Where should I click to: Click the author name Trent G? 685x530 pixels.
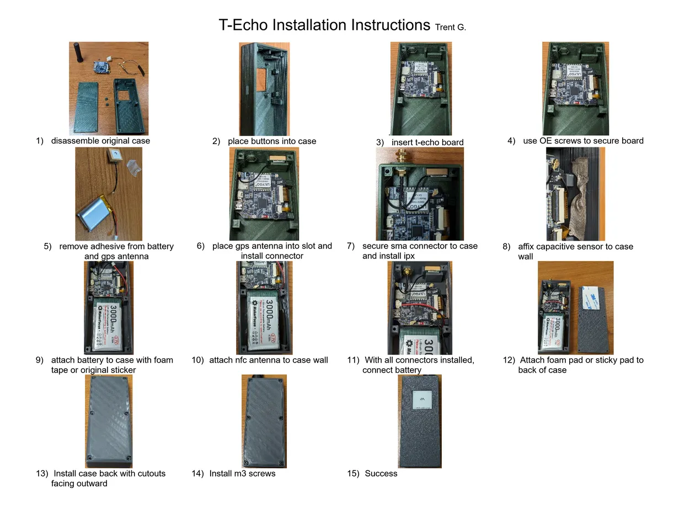click(450, 27)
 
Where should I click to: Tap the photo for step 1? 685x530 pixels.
click(109, 88)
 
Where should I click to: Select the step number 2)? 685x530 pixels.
click(216, 141)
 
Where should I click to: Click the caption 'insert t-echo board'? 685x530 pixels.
click(427, 142)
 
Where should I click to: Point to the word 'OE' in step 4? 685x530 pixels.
click(545, 141)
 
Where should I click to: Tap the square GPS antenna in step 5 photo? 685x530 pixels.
click(115, 156)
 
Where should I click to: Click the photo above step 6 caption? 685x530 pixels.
click(264, 194)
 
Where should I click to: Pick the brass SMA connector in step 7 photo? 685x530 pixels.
click(398, 160)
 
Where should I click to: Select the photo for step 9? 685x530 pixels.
click(109, 308)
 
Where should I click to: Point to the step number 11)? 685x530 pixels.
click(353, 360)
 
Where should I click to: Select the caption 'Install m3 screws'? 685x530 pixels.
click(242, 474)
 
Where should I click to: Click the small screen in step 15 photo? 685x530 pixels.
click(422, 399)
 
